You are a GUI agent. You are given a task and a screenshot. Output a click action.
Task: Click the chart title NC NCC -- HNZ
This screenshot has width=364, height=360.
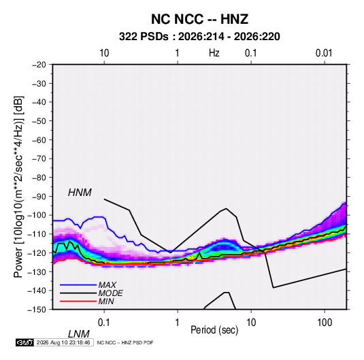(x=199, y=19)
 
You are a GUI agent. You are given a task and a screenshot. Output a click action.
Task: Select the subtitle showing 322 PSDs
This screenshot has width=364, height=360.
(x=199, y=37)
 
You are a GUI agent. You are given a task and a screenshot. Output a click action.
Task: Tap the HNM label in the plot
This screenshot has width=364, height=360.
(x=80, y=193)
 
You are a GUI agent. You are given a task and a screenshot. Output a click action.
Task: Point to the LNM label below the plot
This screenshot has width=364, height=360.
(x=78, y=334)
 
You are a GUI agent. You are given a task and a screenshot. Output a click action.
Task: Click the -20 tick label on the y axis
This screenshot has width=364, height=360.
(x=39, y=65)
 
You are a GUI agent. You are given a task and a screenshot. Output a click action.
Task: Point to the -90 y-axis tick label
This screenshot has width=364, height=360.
(x=39, y=197)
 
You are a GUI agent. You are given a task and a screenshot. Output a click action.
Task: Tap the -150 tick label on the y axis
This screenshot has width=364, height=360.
(x=37, y=310)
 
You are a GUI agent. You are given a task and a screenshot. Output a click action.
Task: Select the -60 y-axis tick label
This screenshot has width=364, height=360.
(x=39, y=140)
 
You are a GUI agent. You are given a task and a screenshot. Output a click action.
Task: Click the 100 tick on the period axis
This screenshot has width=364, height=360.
(x=325, y=323)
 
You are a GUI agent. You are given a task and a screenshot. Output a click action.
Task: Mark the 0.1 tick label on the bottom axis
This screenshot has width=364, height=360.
(x=104, y=323)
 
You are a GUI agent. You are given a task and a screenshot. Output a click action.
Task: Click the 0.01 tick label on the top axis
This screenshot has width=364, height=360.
(x=324, y=53)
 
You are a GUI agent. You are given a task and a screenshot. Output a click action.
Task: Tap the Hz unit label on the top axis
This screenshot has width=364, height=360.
(x=214, y=53)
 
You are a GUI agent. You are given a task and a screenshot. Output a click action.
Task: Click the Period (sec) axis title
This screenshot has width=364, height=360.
(x=214, y=330)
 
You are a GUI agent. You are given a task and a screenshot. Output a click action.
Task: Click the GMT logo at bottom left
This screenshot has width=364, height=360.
(x=24, y=342)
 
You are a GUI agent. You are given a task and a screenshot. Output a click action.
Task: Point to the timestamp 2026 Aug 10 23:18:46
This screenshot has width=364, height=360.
(x=63, y=342)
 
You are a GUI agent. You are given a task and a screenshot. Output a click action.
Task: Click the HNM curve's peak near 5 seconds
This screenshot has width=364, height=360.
(x=227, y=208)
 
